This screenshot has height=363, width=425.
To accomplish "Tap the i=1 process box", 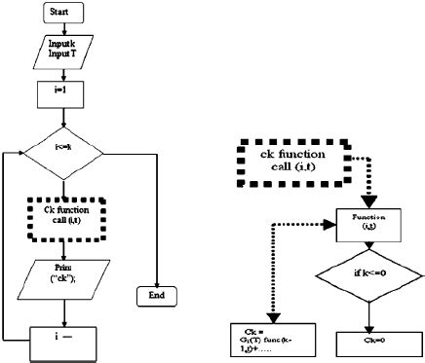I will [x=63, y=94].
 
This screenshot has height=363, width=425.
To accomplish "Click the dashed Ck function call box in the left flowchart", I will [x=66, y=216].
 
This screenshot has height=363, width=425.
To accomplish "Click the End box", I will [x=156, y=293].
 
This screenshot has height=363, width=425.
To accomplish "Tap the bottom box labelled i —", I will [x=64, y=341].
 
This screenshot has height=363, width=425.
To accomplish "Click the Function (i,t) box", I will [x=369, y=223].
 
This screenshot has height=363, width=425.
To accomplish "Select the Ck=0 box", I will [x=368, y=343].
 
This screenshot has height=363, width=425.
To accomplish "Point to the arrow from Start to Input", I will [x=63, y=30].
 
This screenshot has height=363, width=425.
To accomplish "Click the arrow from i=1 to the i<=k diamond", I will [x=63, y=117].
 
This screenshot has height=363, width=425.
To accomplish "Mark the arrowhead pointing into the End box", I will [x=156, y=278].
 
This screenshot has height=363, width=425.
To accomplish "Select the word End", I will [x=156, y=293].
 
